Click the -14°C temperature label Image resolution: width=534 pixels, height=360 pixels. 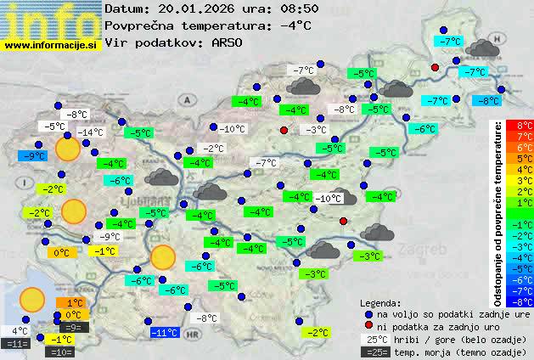tap(91, 132)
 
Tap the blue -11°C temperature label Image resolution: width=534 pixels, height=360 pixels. tap(164, 333)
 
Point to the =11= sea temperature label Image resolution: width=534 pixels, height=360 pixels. tap(16, 344)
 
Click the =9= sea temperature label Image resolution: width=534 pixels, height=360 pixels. tap(73, 327)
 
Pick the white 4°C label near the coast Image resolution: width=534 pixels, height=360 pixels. tap(19, 331)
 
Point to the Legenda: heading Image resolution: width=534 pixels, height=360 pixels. tap(381, 303)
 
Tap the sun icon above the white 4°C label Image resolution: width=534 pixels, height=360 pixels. tap(32, 299)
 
